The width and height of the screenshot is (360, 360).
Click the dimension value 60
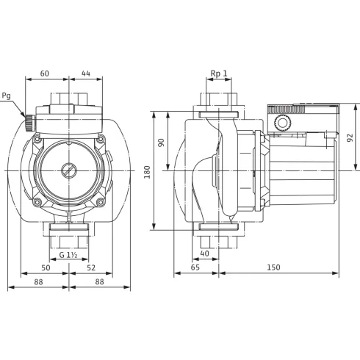coord(44,74)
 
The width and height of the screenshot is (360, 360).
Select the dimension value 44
coord(87,74)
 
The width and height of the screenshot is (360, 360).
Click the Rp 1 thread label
coord(218,74)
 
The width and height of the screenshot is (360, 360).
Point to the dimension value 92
coord(350,137)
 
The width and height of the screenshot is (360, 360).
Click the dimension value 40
coord(204,254)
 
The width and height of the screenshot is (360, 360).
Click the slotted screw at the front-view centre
coord(68,170)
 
